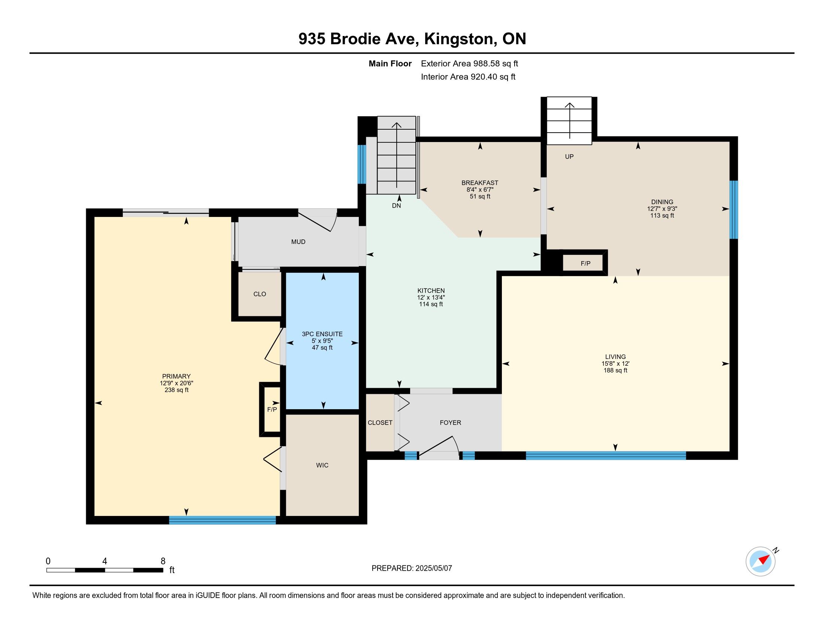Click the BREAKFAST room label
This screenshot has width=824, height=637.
pyautogui.click(x=479, y=183)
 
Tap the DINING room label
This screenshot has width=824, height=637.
pyautogui.click(x=662, y=202)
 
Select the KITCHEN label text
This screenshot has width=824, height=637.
pyautogui.click(x=431, y=290)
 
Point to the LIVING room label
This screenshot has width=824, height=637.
pyautogui.click(x=615, y=357)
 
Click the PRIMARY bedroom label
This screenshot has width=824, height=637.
pyautogui.click(x=176, y=376)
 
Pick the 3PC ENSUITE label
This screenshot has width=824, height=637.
pyautogui.click(x=322, y=334)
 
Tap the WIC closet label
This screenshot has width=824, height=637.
pyautogui.click(x=322, y=465)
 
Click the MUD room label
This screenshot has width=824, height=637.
pyautogui.click(x=298, y=242)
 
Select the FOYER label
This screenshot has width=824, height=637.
pyautogui.click(x=451, y=423)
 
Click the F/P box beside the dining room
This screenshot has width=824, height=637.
pyautogui.click(x=585, y=263)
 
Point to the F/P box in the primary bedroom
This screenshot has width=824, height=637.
pyautogui.click(x=272, y=410)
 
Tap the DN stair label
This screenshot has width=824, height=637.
pyautogui.click(x=396, y=206)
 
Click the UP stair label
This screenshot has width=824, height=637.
pyautogui.click(x=569, y=157)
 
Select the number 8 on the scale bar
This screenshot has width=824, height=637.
pyautogui.click(x=163, y=561)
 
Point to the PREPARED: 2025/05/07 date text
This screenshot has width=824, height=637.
pyautogui.click(x=412, y=568)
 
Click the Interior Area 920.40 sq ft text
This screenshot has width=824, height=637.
pyautogui.click(x=468, y=77)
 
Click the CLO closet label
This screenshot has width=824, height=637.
pyautogui.click(x=260, y=294)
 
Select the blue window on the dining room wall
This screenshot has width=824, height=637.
pyautogui.click(x=733, y=210)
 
